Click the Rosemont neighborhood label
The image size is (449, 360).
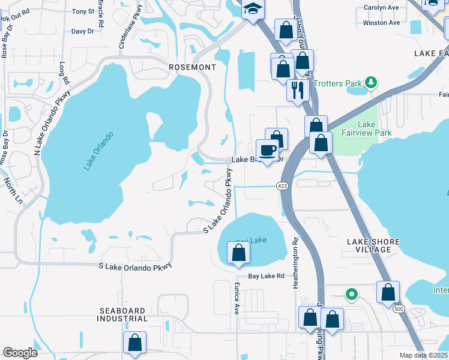click(191, 67)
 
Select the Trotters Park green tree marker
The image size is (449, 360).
click(372, 83)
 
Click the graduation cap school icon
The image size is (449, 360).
click(253, 9)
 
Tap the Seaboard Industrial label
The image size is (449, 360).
click(122, 314)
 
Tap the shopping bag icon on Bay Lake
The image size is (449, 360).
click(238, 254)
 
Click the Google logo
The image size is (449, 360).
click(20, 353)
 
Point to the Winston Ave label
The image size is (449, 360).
click(381, 23)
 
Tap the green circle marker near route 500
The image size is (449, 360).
click(352, 295)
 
